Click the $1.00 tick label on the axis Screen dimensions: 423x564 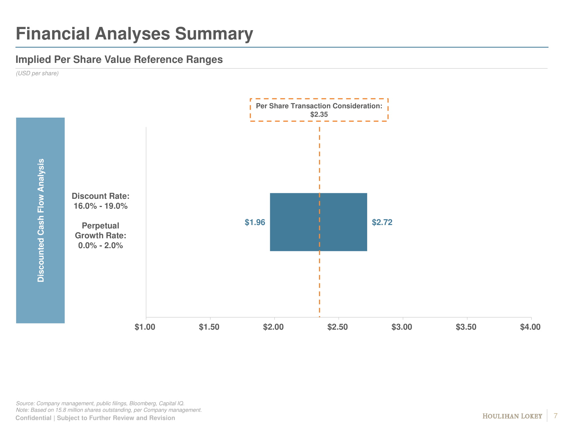click(x=145, y=327)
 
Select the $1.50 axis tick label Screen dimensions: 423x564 click(x=209, y=327)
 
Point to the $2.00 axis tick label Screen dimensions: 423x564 click(x=273, y=327)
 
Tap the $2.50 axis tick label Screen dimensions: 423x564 click(x=338, y=327)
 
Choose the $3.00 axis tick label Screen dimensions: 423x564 click(x=402, y=327)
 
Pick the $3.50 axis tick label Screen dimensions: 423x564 click(x=466, y=327)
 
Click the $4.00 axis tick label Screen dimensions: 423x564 click(x=530, y=327)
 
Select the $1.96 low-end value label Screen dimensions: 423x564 click(x=255, y=222)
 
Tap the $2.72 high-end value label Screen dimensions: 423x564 click(x=382, y=222)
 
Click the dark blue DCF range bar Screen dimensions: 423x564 click(x=296, y=222)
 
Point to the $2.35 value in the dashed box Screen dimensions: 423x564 click(x=319, y=114)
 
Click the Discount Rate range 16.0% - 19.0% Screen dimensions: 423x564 click(x=101, y=206)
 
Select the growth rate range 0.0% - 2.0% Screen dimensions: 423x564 click(x=101, y=246)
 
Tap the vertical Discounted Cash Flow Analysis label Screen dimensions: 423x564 click(x=41, y=220)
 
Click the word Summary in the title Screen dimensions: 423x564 click(x=214, y=34)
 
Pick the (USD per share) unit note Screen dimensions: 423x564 click(x=37, y=73)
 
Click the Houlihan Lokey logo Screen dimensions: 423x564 click(x=512, y=416)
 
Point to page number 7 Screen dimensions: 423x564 click(x=556, y=416)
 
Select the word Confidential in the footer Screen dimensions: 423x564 click(x=34, y=418)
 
